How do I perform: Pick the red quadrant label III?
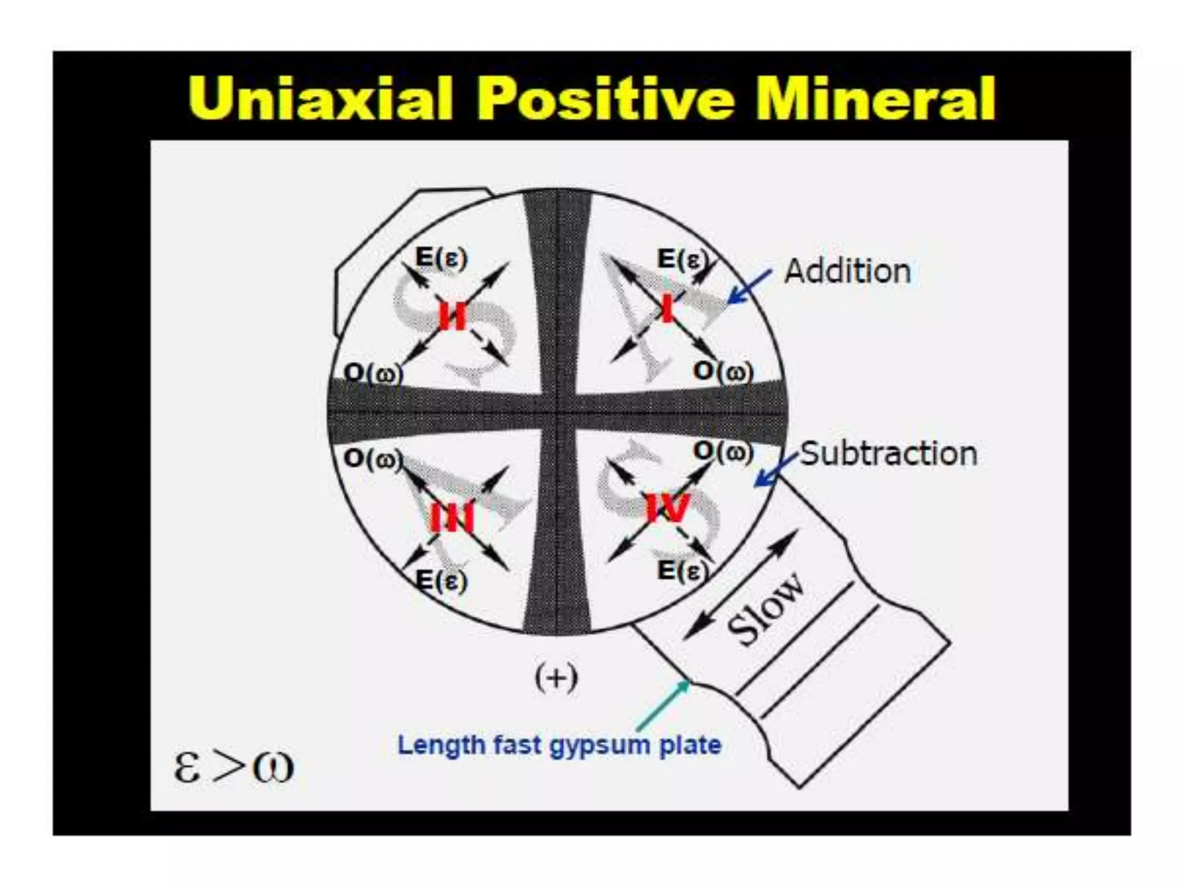(x=452, y=517)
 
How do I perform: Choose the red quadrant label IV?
(x=668, y=508)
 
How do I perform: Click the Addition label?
(x=847, y=271)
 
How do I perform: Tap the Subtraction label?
(x=889, y=454)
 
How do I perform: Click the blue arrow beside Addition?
(x=749, y=286)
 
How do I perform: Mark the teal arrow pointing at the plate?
(x=664, y=705)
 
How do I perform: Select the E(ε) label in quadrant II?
(x=441, y=258)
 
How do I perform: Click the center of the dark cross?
(x=558, y=412)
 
